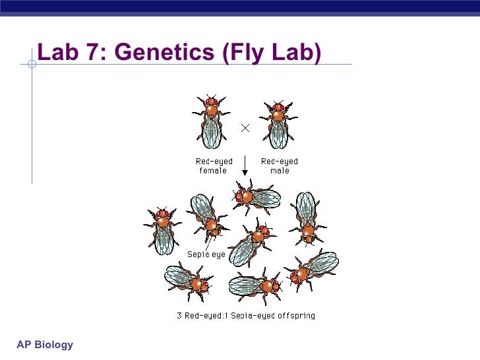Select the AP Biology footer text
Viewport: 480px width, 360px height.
coord(45,345)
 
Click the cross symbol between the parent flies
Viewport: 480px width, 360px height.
coord(245,129)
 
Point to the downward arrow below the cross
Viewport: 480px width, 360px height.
coord(245,167)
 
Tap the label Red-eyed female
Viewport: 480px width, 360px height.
coord(212,165)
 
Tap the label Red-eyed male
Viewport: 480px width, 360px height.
coord(279,165)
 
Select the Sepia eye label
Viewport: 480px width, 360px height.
coord(206,254)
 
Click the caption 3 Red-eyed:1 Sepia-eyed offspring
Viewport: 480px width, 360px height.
coord(246,315)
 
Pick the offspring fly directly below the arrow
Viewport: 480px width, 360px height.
coord(256,195)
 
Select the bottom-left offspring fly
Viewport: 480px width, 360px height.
coord(187,280)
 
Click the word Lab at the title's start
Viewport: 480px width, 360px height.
coord(58,53)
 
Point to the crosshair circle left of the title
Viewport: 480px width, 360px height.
coord(32,64)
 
